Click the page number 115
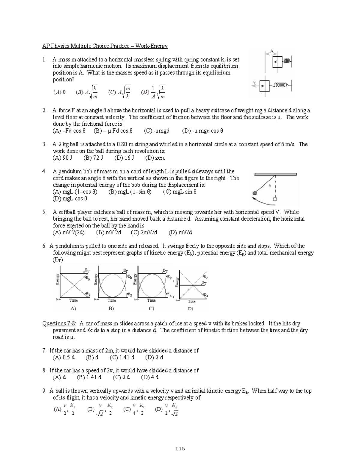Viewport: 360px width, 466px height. (x=180, y=449)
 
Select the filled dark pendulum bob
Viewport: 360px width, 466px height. (x=255, y=193)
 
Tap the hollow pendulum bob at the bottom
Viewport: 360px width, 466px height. (x=274, y=199)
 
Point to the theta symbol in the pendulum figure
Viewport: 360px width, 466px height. (x=269, y=186)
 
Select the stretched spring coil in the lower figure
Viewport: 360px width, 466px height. (x=280, y=85)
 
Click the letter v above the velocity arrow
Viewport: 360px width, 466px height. (x=254, y=81)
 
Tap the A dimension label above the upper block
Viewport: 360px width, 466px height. (x=272, y=51)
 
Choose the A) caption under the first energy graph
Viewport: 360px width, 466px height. (x=73, y=308)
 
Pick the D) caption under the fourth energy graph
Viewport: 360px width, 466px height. (x=190, y=308)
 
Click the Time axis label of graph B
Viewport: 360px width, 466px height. (x=112, y=300)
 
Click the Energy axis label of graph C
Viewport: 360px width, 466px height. (x=135, y=279)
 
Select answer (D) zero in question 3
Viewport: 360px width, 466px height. (x=155, y=158)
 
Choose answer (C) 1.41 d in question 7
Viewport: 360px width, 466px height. (x=122, y=357)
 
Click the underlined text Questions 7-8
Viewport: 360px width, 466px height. (x=59, y=323)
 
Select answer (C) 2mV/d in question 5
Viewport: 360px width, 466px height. (x=144, y=232)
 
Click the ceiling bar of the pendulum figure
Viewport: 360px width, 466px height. (x=275, y=174)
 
